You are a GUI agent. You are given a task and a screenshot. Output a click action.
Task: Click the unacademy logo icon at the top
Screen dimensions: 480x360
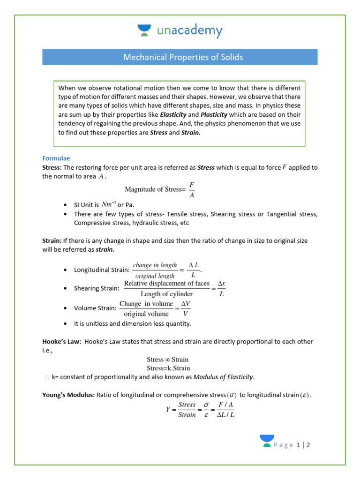143,31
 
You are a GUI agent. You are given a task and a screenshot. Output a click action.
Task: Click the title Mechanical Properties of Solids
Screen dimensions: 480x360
183,57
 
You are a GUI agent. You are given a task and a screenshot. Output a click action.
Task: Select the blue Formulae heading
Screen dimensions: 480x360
56,158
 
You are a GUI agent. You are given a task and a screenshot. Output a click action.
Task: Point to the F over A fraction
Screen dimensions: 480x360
192,189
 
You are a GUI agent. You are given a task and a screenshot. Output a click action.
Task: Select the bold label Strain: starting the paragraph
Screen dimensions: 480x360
52,240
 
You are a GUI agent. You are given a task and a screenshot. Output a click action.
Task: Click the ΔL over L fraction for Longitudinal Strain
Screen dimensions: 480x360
194,270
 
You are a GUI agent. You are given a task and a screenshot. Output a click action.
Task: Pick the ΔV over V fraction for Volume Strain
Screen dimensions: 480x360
186,308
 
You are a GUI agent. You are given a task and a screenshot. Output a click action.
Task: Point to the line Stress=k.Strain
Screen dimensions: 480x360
168,368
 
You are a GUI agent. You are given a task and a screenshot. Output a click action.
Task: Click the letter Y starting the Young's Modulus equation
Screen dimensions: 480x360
168,409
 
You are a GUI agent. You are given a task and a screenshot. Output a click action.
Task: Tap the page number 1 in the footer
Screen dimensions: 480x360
298,445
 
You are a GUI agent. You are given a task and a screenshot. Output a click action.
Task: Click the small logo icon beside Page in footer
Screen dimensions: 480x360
267,441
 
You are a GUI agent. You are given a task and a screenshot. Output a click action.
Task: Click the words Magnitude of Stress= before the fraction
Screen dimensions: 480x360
155,189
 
